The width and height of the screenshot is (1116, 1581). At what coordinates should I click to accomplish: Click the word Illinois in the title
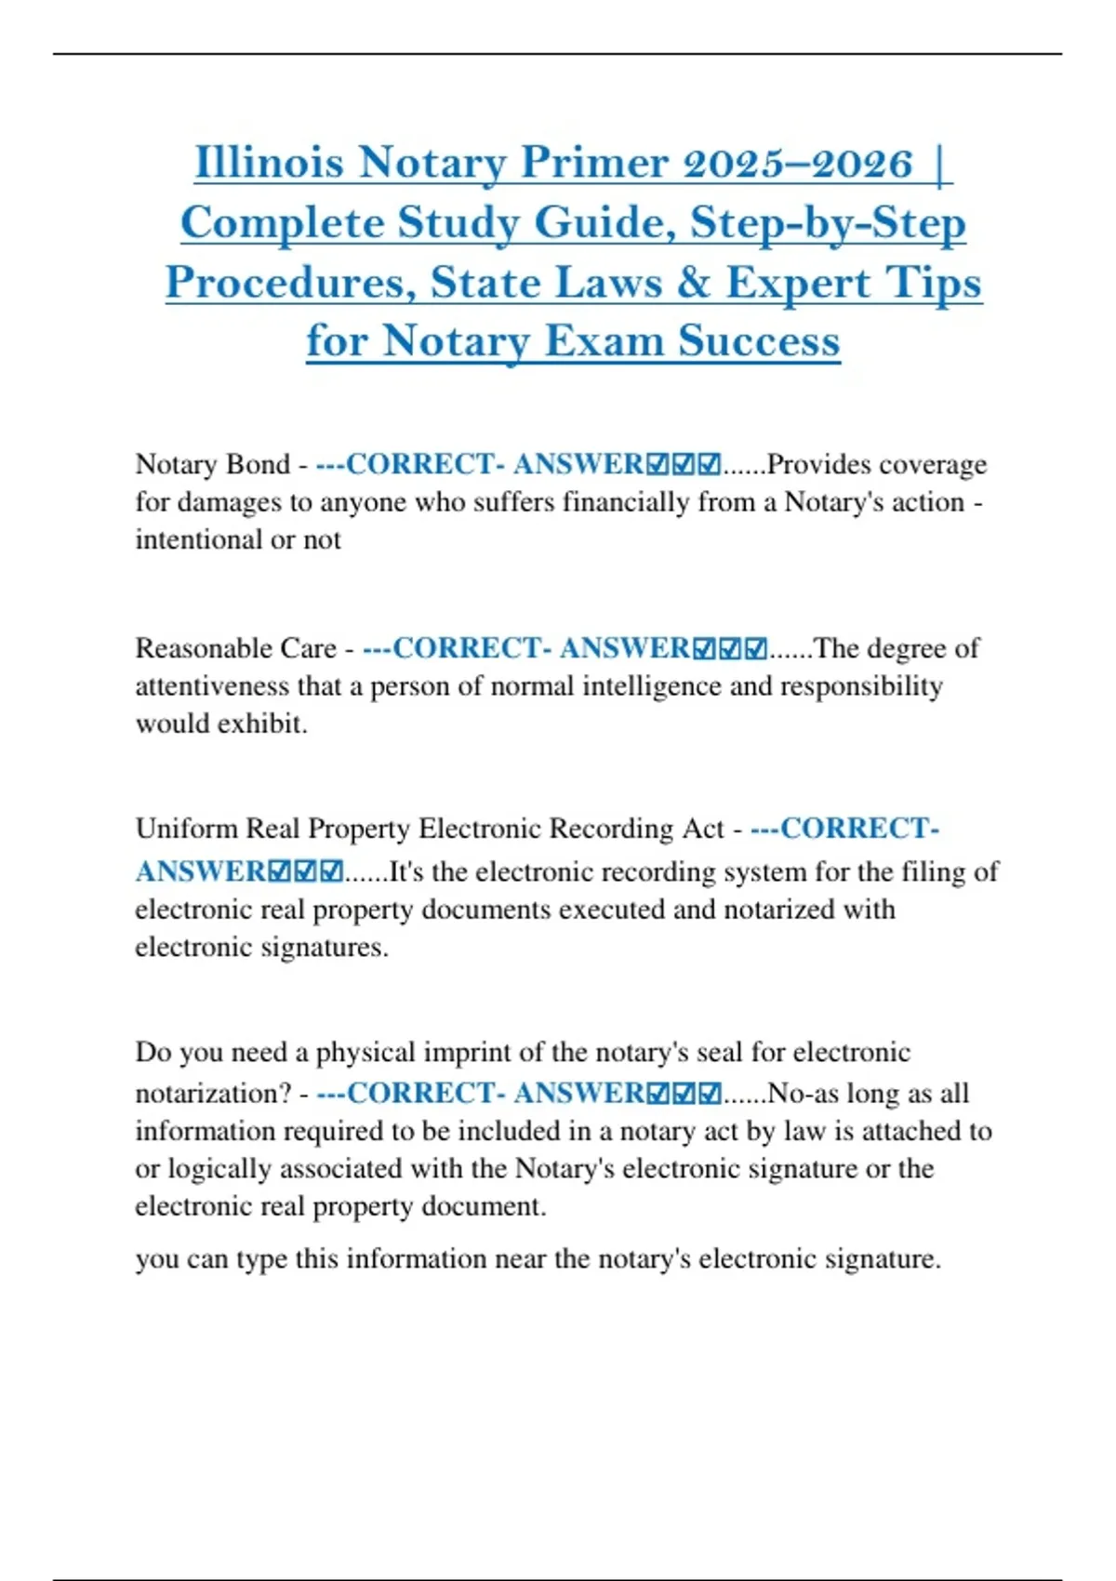click(270, 163)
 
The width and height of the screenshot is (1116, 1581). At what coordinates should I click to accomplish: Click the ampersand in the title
click(693, 283)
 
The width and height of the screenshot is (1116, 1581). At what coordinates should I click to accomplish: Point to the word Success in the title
click(758, 340)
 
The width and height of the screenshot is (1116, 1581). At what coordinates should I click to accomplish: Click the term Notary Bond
click(213, 464)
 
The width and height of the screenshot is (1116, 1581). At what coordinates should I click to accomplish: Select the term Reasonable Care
click(235, 648)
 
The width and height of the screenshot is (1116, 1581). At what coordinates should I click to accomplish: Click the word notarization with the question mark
click(214, 1093)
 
